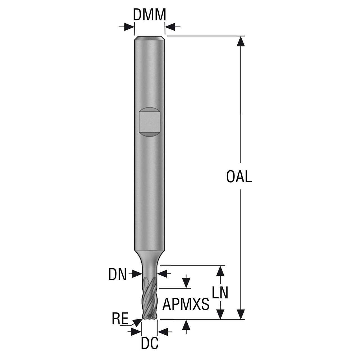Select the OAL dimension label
coord(239,177)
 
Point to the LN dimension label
coord(220,293)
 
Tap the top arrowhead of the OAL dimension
coord(240,41)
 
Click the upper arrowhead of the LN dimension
coord(220,271)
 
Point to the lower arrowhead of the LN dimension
coord(220,314)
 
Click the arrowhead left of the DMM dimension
coord(130,27)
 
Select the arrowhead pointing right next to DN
coord(137,273)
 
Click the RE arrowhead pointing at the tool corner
coord(138,322)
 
